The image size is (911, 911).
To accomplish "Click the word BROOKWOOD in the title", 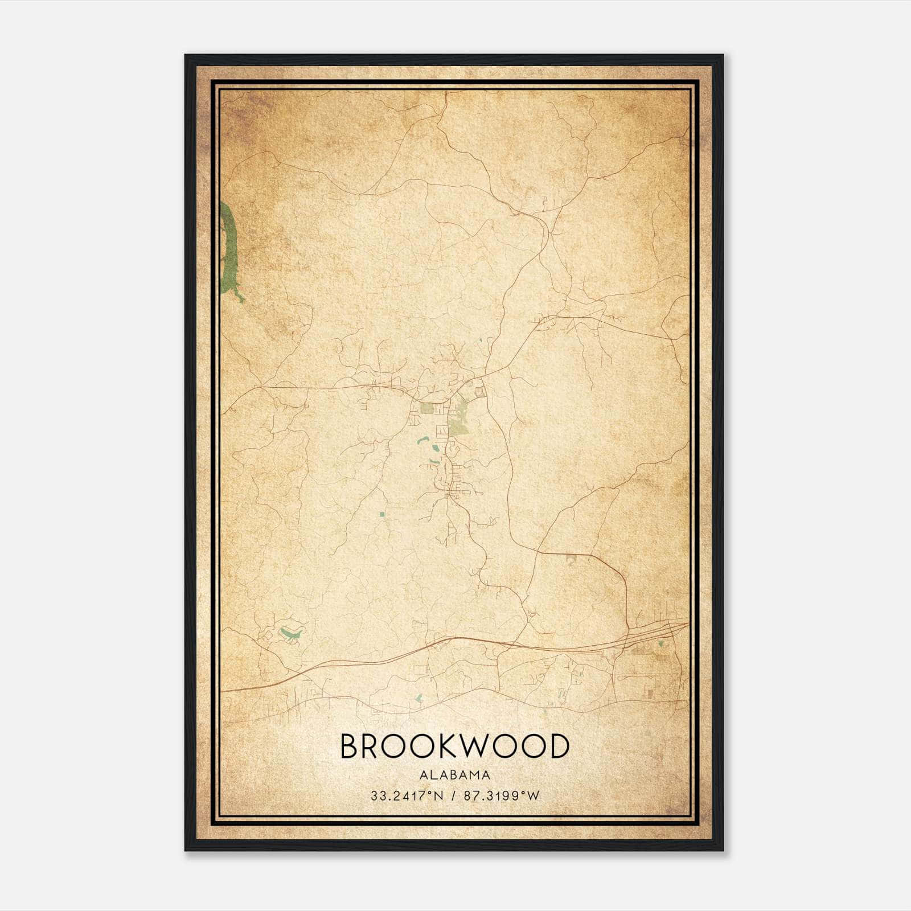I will click(x=454, y=746).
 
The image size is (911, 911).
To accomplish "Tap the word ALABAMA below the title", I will click(x=454, y=775).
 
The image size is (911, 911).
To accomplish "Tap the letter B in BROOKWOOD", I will click(x=348, y=746).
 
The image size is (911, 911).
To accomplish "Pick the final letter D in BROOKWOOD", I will click(x=559, y=746).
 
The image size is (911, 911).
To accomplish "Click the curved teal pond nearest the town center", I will click(x=423, y=440).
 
